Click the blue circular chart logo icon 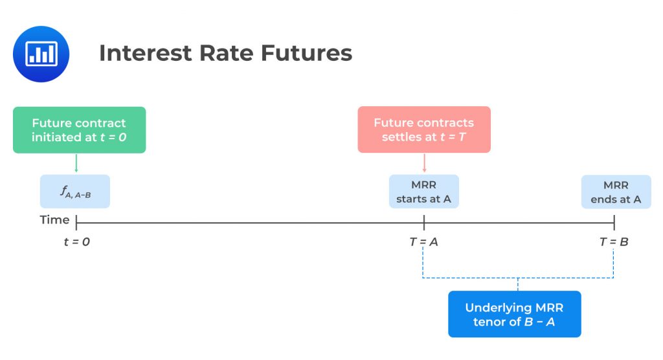coord(41,54)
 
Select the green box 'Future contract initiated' coord(79,130)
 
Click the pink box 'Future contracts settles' coord(424,130)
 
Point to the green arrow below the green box coord(76,163)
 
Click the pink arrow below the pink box coord(424,163)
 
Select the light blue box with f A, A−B coord(75,192)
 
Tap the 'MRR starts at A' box coord(424,192)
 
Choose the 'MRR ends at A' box coord(616,192)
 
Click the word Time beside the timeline coord(54,220)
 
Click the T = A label coord(424,242)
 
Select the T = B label coord(614,242)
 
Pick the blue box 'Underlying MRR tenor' coord(515,314)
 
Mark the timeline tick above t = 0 coord(76,223)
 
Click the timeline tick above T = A coord(424,223)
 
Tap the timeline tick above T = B coord(614,223)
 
